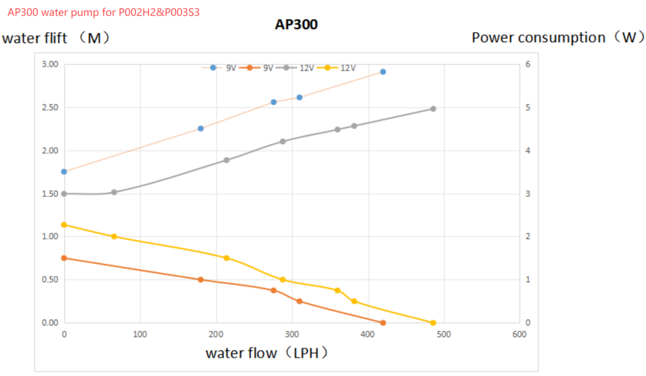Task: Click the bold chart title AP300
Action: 296,24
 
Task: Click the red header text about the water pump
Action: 104,13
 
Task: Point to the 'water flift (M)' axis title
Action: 56,38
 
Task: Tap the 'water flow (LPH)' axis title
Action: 267,353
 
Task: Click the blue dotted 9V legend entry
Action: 219,68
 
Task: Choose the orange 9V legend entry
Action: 260,68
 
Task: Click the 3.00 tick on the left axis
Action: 50,64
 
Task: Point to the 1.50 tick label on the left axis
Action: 50,194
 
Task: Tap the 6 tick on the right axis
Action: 528,64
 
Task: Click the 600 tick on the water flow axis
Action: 519,334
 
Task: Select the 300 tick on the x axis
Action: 292,334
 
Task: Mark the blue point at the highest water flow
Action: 383,72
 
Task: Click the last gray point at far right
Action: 433,109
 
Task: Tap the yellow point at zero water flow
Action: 64,225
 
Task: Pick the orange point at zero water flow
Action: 64,258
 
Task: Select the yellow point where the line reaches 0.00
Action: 433,323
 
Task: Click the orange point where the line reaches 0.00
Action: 383,323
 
